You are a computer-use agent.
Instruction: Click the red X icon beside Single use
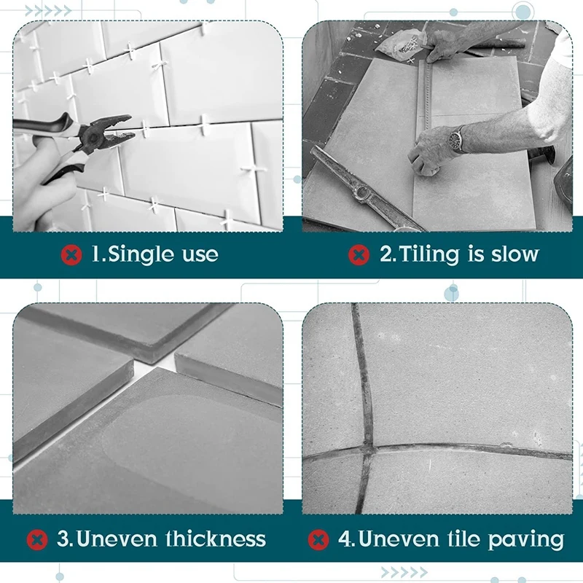[x=71, y=254]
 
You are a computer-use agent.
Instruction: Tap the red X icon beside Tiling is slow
[x=358, y=254]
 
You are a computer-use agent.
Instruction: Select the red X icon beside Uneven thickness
[x=37, y=539]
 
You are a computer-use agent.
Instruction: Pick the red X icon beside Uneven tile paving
[x=318, y=539]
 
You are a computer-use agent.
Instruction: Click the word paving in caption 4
[x=528, y=540]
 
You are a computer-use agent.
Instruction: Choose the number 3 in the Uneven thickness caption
[x=63, y=539]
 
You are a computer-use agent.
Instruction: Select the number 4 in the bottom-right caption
[x=344, y=539]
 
